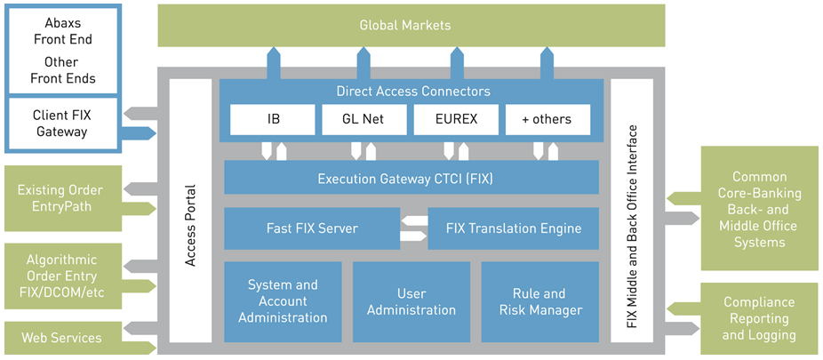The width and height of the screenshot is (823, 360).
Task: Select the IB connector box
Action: click(273, 119)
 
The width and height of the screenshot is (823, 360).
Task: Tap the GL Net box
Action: click(364, 119)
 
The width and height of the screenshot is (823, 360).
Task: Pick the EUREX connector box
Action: click(456, 119)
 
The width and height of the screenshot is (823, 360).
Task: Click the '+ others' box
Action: click(547, 119)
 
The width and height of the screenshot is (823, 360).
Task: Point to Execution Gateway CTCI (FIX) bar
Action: click(411, 178)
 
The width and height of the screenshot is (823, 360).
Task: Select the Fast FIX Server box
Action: click(312, 228)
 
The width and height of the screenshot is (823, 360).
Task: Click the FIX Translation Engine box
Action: click(514, 228)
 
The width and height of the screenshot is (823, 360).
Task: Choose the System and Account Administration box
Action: click(283, 301)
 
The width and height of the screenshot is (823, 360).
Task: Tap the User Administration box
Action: click(411, 301)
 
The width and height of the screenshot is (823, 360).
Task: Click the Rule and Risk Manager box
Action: click(540, 301)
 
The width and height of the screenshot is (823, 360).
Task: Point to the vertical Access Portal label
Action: click(190, 225)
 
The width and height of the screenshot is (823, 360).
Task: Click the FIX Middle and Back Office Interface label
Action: click(632, 227)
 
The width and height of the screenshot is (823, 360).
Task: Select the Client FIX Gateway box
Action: click(62, 124)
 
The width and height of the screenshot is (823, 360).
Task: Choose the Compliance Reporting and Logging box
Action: click(760, 318)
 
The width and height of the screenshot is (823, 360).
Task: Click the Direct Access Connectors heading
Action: click(413, 92)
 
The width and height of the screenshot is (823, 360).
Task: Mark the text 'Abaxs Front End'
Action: click(62, 31)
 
